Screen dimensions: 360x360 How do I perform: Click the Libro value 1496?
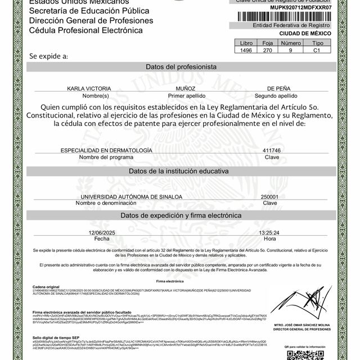(x=246, y=49)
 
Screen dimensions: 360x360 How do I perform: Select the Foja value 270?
(x=268, y=49)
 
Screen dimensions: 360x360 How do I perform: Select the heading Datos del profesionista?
(x=181, y=66)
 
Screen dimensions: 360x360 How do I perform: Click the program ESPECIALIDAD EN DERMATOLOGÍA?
(x=106, y=151)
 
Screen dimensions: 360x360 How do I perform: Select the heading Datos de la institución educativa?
(x=181, y=170)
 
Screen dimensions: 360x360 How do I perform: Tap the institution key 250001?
(x=271, y=196)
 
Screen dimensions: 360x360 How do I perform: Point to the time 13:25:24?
(x=269, y=232)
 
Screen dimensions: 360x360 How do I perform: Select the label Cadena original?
(x=46, y=286)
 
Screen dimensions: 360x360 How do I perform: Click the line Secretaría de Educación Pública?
(x=82, y=11)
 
